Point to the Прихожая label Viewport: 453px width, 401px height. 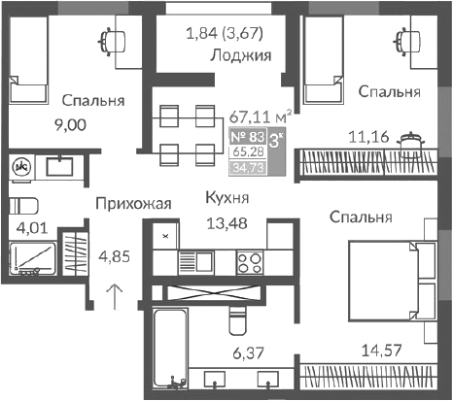133,203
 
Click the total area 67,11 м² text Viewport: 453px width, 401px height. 261,116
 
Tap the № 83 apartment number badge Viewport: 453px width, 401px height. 246,136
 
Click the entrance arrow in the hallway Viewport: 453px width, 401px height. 115,293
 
